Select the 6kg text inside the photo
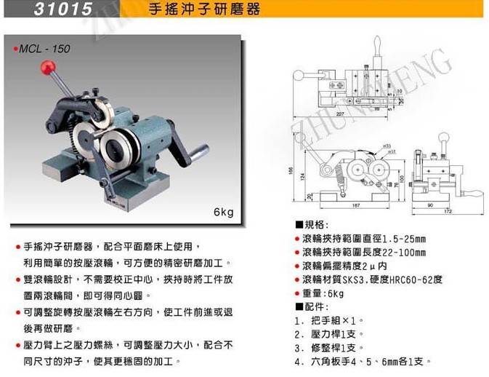point(223,213)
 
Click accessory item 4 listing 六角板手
point(363,361)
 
